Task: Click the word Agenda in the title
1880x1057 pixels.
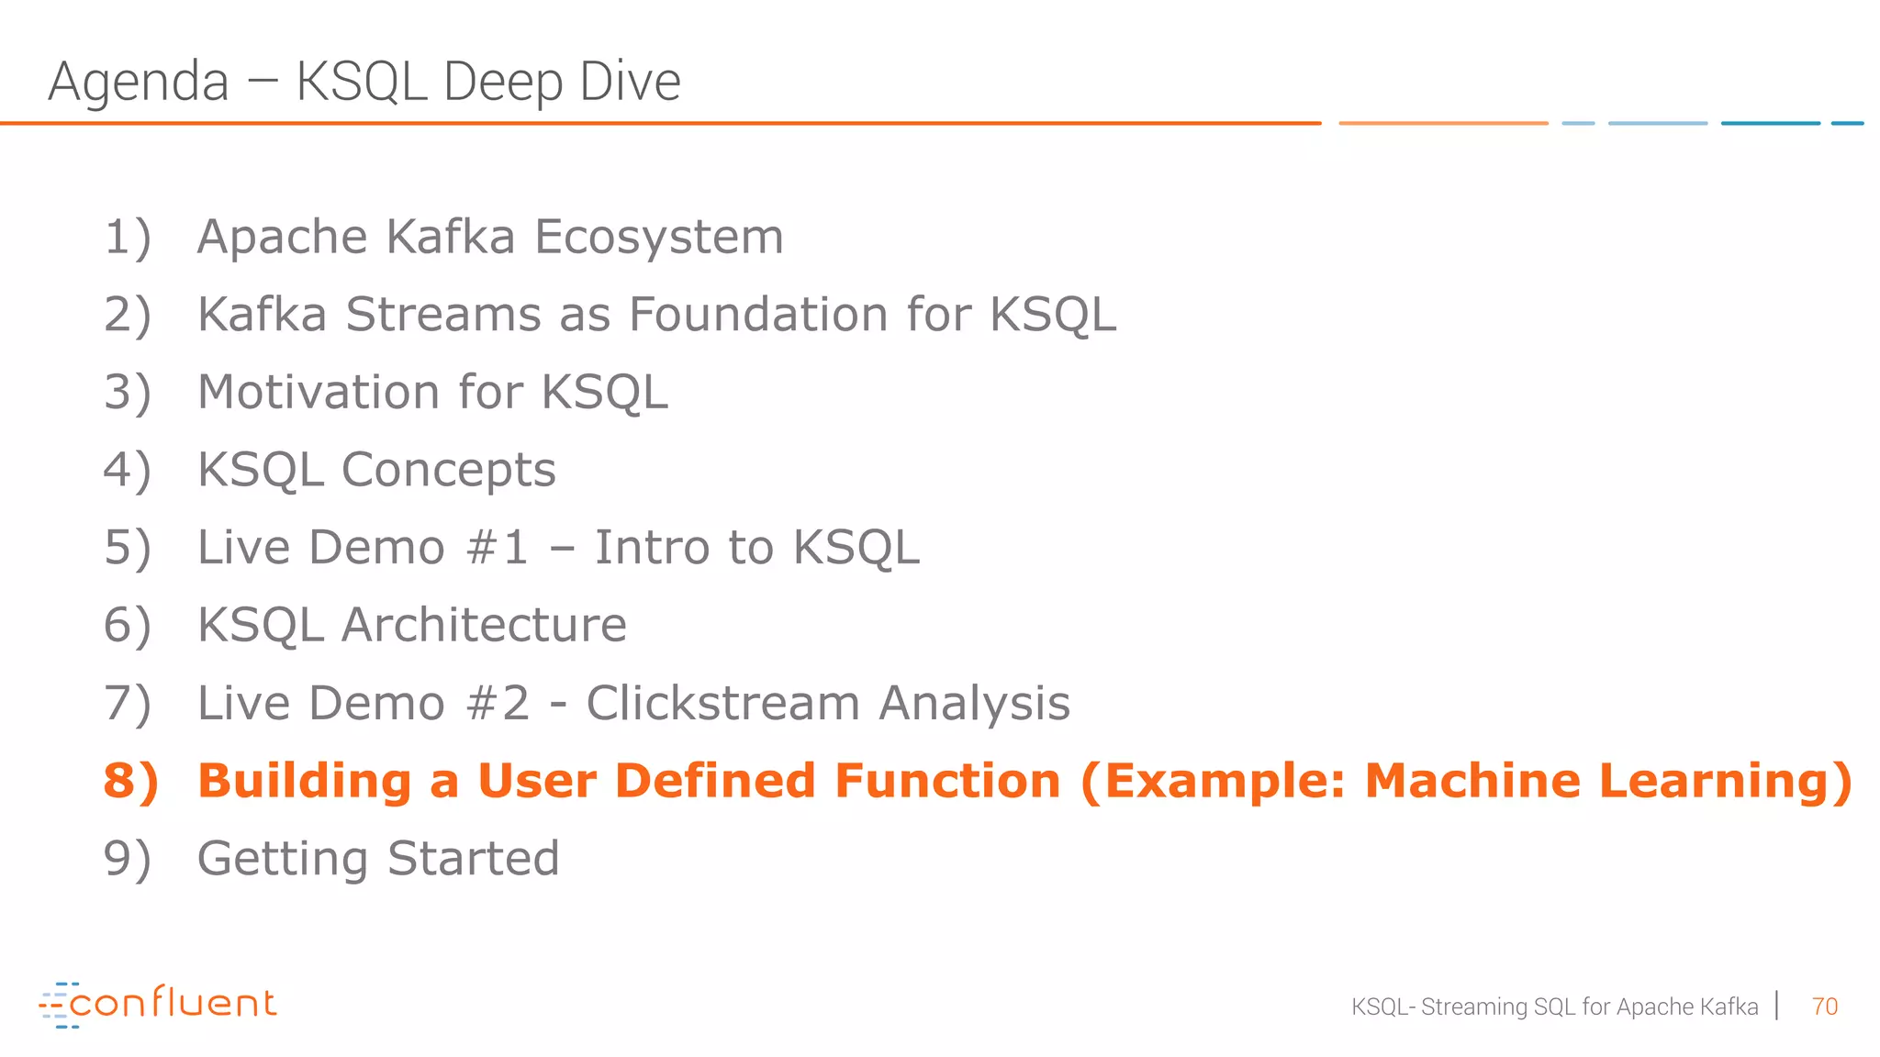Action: (x=138, y=83)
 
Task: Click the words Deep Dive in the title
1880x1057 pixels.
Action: (x=562, y=83)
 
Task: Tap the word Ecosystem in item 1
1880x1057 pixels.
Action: (x=659, y=237)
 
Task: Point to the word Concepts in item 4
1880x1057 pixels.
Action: (x=448, y=470)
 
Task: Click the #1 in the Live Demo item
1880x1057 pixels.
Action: (x=497, y=548)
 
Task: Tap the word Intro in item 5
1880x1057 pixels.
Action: (x=652, y=548)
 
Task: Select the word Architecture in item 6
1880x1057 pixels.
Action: (x=484, y=626)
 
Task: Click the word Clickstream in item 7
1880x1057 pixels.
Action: (x=722, y=704)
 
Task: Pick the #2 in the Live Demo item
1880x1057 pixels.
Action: (x=497, y=704)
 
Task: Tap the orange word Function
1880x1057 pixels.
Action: (x=947, y=781)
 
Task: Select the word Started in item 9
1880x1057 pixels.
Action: (x=473, y=859)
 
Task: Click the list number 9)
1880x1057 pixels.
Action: (x=127, y=859)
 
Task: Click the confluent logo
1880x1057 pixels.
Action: (x=158, y=1004)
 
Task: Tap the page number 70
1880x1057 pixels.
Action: (x=1824, y=1007)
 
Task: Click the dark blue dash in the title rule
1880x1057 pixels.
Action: (x=1770, y=123)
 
